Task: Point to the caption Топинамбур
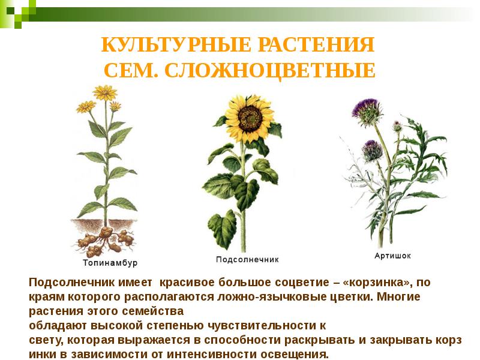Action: pyautogui.click(x=110, y=263)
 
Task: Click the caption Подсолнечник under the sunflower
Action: pyautogui.click(x=248, y=260)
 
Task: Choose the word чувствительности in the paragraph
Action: pyautogui.click(x=269, y=326)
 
